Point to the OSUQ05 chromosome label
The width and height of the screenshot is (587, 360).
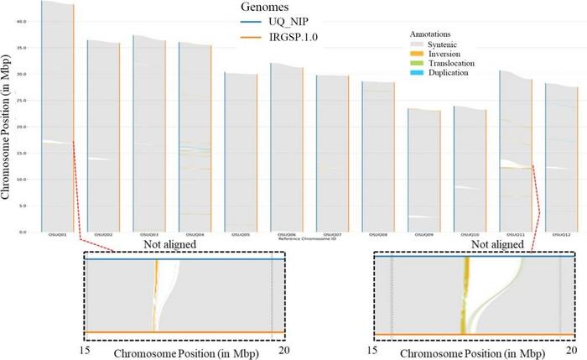pyautogui.click(x=240, y=236)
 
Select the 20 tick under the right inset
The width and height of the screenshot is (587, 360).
pyautogui.click(x=573, y=349)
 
